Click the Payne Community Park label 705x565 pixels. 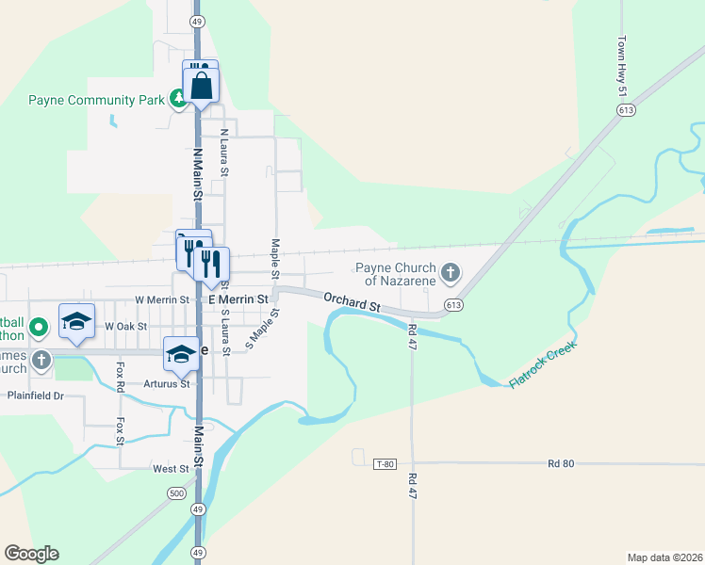click(x=96, y=99)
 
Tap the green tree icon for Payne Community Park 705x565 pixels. click(x=177, y=99)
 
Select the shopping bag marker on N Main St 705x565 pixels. click(x=203, y=86)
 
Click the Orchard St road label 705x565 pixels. click(x=351, y=301)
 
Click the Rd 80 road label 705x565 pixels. click(x=561, y=463)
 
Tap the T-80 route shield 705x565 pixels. click(x=384, y=463)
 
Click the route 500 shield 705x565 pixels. click(x=176, y=493)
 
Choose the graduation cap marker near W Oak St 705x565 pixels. click(x=76, y=321)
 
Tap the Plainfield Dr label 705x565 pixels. click(x=35, y=396)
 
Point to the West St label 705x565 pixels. click(x=171, y=468)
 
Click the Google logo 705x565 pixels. click(x=31, y=554)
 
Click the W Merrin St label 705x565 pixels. click(x=162, y=299)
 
